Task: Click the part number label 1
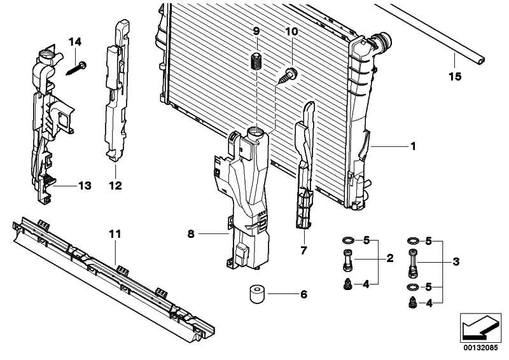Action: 412,146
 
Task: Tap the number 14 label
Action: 76,42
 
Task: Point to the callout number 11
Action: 114,235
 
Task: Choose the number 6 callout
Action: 303,294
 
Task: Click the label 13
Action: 85,186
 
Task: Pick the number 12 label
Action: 116,186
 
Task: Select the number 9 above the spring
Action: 256,31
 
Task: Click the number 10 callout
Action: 291,31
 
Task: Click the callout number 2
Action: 389,258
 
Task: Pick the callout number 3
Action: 455,261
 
